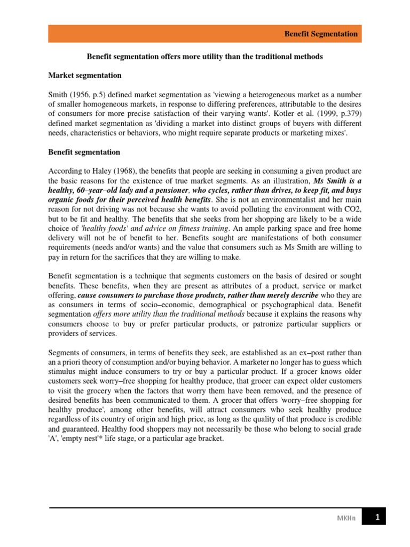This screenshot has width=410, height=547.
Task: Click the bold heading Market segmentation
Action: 85,75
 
